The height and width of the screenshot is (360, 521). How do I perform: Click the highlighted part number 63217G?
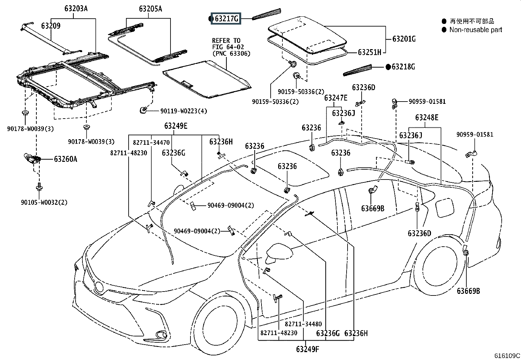tap(226, 19)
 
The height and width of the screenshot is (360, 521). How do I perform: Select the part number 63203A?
tap(76, 9)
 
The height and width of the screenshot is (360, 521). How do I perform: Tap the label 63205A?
tap(151, 9)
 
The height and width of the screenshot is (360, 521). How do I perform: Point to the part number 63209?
tap(51, 26)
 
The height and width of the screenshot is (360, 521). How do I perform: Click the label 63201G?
tap(404, 39)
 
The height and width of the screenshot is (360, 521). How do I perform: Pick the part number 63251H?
tap(369, 52)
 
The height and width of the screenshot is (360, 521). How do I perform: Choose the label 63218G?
tap(403, 67)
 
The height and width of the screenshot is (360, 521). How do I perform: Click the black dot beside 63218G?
tap(388, 67)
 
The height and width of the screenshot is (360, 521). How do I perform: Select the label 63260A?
tap(65, 159)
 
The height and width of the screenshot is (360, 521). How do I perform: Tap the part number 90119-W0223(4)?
tap(184, 111)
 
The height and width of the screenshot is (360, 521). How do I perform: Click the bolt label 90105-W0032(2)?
tap(44, 202)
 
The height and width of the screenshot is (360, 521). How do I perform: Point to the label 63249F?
tap(308, 349)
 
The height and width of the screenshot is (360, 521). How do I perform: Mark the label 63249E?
tap(176, 126)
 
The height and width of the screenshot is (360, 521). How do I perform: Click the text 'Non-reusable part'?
tap(476, 30)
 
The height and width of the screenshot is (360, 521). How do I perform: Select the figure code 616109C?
tap(507, 356)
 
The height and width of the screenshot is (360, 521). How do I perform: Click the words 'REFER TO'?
tap(226, 41)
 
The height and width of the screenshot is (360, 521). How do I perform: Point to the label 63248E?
tap(427, 118)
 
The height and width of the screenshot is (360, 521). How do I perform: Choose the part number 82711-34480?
tap(303, 324)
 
